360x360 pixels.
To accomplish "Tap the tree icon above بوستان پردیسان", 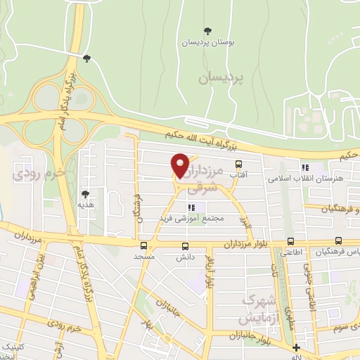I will (207, 30).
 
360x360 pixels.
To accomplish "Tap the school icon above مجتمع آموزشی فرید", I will (191, 207).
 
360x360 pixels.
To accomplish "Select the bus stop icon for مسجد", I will (143, 246).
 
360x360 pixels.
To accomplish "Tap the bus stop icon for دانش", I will (186, 246).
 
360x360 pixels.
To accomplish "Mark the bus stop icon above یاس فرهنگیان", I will (339, 241).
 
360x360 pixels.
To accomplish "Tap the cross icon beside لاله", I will (296, 347).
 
